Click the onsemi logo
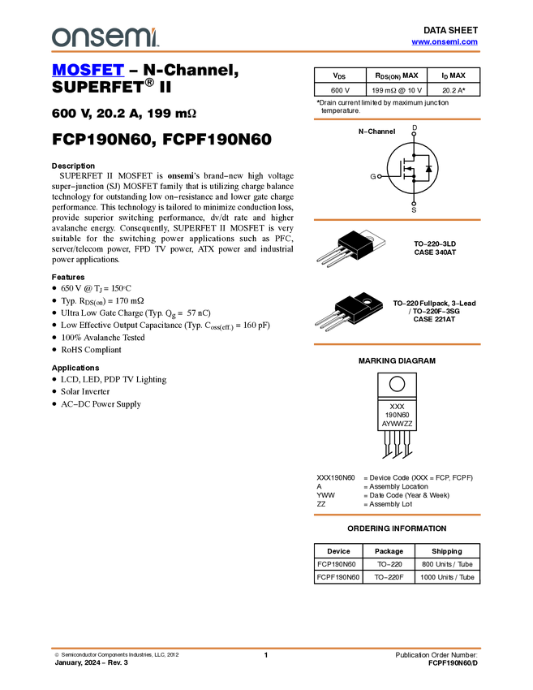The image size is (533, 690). point(105,37)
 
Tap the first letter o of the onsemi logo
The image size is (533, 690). point(59,37)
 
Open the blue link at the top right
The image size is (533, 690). point(445,42)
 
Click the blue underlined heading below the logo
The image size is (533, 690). point(88,71)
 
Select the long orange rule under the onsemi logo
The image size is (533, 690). point(266,52)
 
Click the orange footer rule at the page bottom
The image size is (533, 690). point(266,649)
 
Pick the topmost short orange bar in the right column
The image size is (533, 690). point(397,119)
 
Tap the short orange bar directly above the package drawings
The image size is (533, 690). point(397,220)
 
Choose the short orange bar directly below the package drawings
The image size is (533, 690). point(397,344)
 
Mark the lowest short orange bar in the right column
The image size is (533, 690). point(397,515)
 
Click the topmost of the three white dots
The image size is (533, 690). point(414,133)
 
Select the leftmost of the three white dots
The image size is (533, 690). point(379,177)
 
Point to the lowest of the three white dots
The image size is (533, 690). point(414,204)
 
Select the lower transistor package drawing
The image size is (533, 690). point(349,311)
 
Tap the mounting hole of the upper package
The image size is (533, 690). point(369,237)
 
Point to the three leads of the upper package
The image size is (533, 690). point(329,256)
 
